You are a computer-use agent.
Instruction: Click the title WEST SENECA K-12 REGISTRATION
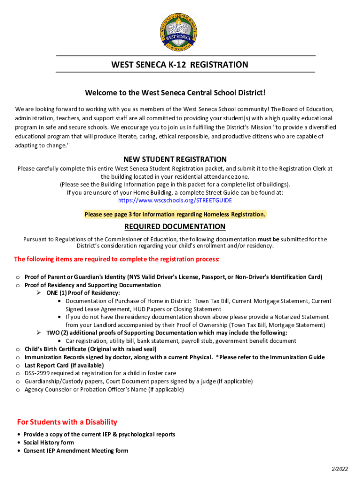[180, 65]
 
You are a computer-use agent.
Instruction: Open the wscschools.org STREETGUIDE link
[175, 200]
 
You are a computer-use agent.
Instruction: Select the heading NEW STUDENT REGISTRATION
[175, 160]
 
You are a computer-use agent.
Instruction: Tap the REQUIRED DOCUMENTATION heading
[175, 227]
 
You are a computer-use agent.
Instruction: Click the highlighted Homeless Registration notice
[175, 214]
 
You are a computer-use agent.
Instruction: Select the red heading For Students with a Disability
[67, 422]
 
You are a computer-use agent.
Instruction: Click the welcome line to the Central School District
[175, 93]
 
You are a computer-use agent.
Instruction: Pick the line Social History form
[49, 443]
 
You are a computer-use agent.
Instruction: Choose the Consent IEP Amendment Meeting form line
[76, 451]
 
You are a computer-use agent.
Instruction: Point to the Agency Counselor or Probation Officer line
[104, 389]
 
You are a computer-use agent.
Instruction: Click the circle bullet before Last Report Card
[18, 365]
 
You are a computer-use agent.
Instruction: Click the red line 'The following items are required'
[117, 259]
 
